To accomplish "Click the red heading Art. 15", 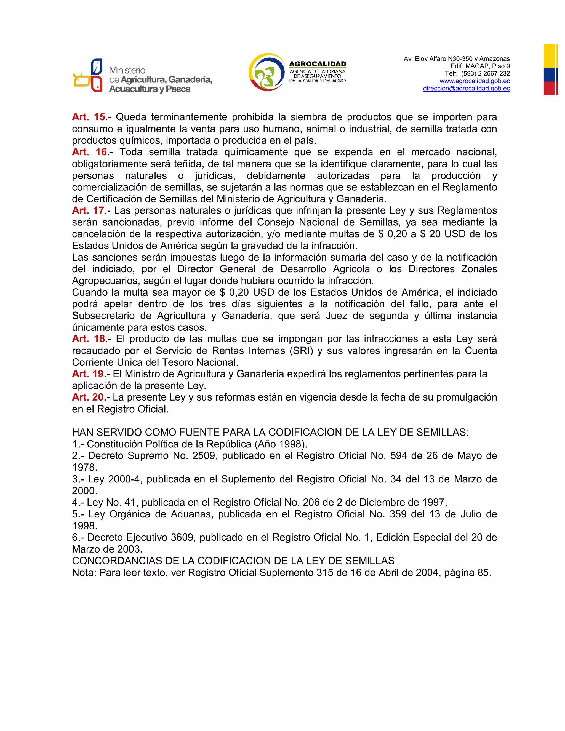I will (89, 117).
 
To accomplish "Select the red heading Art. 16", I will (90, 152).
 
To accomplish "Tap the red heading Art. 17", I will (88, 210).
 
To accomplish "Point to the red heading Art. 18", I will (89, 339).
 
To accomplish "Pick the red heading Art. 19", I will (88, 374).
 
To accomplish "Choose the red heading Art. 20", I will (88, 397).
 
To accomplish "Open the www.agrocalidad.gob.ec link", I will (475, 81).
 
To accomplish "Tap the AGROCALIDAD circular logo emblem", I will (266, 72).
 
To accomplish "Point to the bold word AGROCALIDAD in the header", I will (317, 64).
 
